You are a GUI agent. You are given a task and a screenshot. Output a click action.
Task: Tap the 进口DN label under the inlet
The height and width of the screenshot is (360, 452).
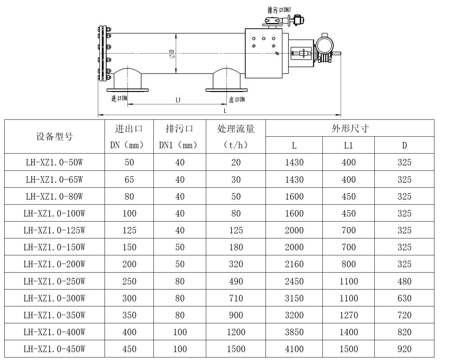tap(119, 98)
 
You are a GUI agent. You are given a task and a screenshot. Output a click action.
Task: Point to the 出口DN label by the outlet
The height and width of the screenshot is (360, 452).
tap(237, 99)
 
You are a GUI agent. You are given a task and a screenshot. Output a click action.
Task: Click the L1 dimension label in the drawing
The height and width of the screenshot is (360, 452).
tap(178, 100)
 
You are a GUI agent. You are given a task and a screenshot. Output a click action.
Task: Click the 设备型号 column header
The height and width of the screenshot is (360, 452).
tap(55, 137)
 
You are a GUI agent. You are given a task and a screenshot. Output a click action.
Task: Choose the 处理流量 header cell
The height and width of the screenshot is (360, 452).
tap(236, 129)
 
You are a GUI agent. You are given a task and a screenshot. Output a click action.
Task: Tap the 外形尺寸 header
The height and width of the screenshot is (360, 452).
tap(350, 128)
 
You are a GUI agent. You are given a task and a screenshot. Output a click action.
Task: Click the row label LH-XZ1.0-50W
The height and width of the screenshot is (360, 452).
tap(55, 163)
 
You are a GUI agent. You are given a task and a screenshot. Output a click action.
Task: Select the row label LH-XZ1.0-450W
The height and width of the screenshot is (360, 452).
tap(55, 349)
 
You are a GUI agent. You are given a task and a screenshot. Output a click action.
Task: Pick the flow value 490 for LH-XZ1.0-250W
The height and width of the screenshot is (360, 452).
tap(236, 281)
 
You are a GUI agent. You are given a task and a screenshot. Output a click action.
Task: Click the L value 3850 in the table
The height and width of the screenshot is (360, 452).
tap(294, 332)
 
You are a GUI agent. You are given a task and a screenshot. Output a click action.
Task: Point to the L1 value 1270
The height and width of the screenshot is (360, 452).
tap(349, 315)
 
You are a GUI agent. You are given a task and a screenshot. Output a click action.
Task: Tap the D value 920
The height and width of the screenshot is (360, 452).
tap(404, 349)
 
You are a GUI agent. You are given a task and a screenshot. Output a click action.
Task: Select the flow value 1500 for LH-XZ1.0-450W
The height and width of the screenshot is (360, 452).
tap(236, 349)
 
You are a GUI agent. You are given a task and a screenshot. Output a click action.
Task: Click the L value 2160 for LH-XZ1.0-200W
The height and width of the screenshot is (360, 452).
tap(294, 264)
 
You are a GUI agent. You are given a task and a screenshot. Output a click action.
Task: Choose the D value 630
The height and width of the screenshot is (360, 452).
tap(404, 298)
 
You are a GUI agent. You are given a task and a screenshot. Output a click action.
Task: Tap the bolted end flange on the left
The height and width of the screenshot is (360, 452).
tap(104, 54)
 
